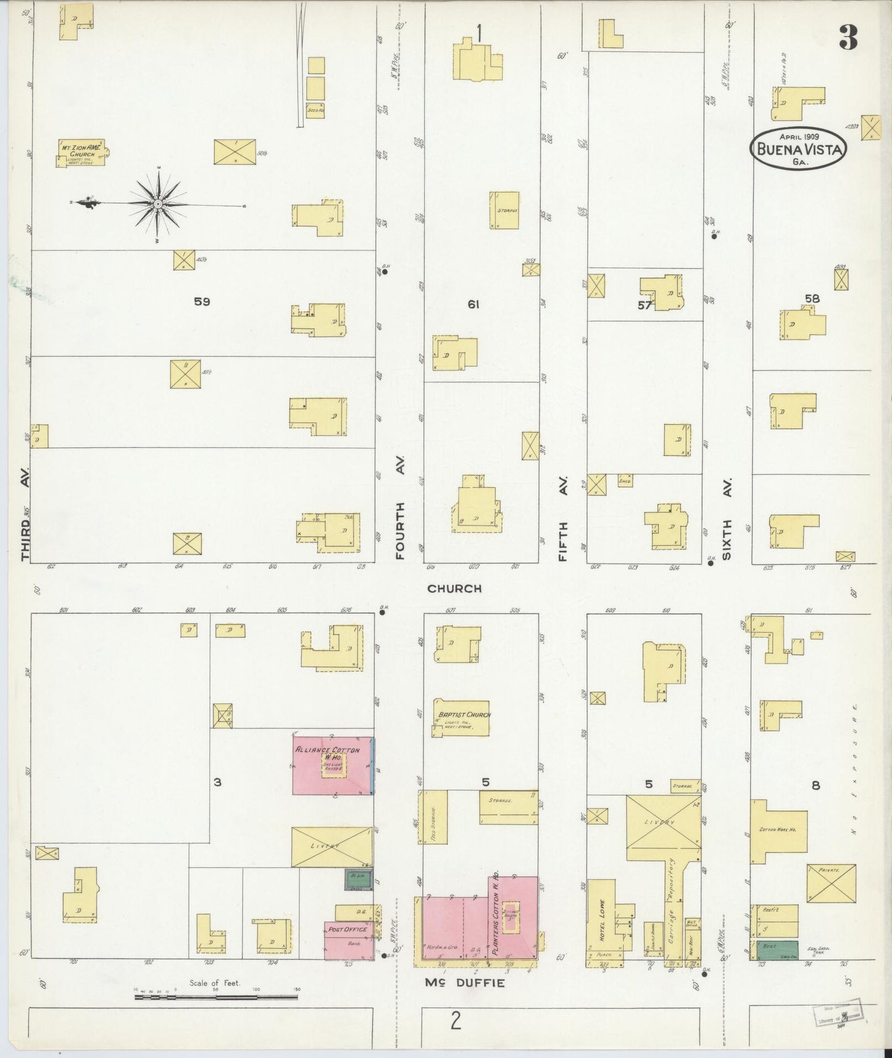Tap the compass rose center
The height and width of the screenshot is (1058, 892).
tap(158, 203)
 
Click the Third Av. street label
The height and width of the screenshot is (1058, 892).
tap(25, 519)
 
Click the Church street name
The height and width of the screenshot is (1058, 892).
tap(454, 588)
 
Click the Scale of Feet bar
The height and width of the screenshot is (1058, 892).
tap(216, 996)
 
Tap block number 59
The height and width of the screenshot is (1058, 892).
tap(202, 302)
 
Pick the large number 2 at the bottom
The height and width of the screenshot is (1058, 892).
tap(455, 1021)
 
